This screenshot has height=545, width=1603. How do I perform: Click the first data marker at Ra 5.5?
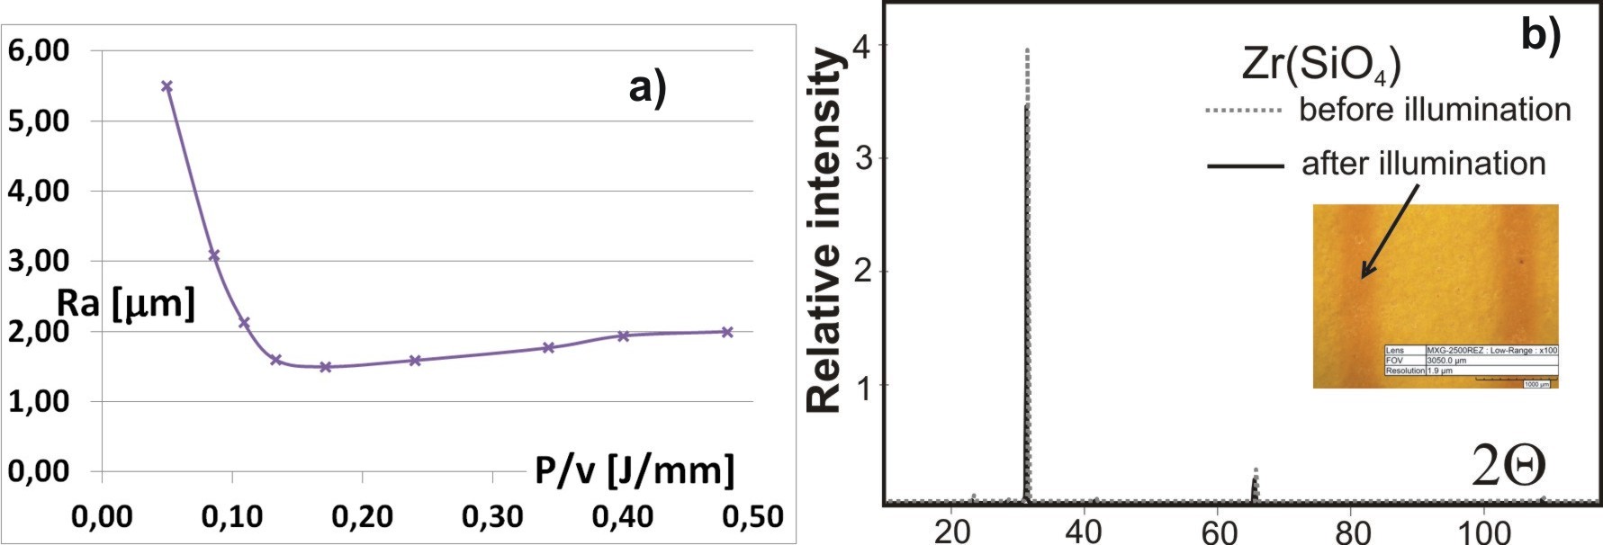click(x=167, y=86)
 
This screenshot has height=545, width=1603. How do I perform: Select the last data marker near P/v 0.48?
click(x=727, y=332)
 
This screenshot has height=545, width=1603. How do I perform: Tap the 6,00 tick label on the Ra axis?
click(x=39, y=50)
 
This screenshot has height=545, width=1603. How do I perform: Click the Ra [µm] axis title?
click(x=126, y=303)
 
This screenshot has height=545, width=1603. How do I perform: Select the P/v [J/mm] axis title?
click(x=635, y=469)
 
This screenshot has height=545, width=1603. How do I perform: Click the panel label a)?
click(x=648, y=89)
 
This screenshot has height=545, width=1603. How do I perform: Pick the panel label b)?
click(x=1541, y=34)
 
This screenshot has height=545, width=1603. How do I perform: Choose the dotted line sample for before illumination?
click(x=1243, y=111)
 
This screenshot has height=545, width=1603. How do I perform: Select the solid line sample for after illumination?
click(x=1245, y=165)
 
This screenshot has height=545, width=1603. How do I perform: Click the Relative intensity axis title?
click(x=824, y=231)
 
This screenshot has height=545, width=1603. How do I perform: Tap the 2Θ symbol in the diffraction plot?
click(x=1508, y=465)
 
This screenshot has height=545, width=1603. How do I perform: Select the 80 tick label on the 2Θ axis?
click(x=1353, y=532)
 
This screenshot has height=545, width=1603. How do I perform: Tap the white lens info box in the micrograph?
click(x=1471, y=360)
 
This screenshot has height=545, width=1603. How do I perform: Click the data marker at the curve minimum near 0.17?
click(x=326, y=367)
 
